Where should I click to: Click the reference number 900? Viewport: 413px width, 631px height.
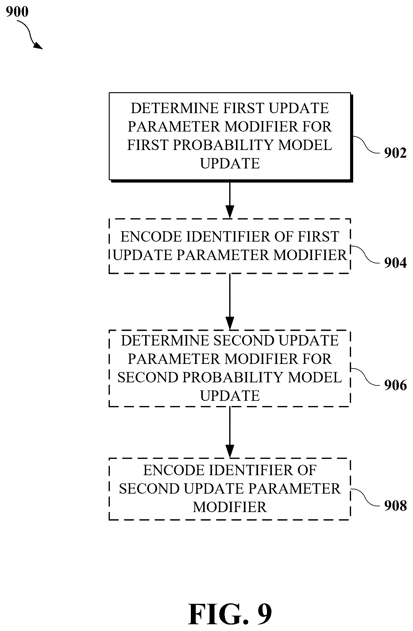coord(17,12)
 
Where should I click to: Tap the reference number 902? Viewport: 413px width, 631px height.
coord(395,153)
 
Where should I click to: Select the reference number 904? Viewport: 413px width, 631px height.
coord(395,263)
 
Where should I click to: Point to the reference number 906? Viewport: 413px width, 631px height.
coord(395,385)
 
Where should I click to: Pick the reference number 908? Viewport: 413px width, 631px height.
coord(395,506)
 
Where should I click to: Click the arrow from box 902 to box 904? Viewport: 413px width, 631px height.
coord(230,199)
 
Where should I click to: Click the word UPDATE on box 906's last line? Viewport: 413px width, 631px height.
coord(230,396)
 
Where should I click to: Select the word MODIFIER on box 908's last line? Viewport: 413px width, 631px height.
coord(230,507)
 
